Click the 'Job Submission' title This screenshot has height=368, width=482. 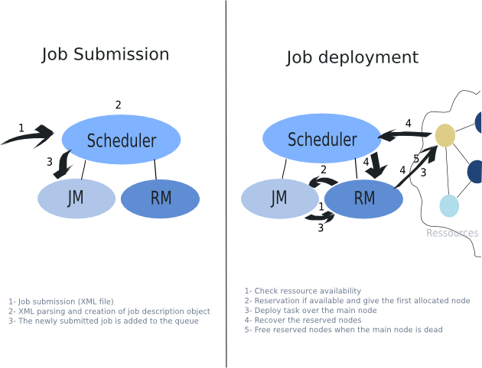click(105, 55)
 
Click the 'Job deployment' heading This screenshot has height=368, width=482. click(352, 57)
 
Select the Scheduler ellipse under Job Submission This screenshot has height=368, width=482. click(121, 140)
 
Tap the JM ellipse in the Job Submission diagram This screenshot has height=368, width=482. click(76, 199)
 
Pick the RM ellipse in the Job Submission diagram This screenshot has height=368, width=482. click(161, 199)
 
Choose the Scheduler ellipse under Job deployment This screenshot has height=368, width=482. click(322, 140)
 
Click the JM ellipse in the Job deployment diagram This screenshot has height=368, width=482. click(279, 199)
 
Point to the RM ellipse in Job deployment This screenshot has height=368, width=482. click(364, 199)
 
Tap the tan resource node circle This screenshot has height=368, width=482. click(445, 135)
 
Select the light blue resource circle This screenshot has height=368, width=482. click(449, 206)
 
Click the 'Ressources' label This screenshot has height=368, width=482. click(452, 233)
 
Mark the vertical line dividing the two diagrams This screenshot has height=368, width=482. click(226, 183)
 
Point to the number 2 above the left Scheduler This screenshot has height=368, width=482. click(118, 105)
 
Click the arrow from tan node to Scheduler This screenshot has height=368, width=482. click(405, 135)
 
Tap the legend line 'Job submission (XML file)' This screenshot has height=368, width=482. click(61, 302)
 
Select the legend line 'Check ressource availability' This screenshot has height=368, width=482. click(302, 291)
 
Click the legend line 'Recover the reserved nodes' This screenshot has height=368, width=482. click(303, 320)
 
